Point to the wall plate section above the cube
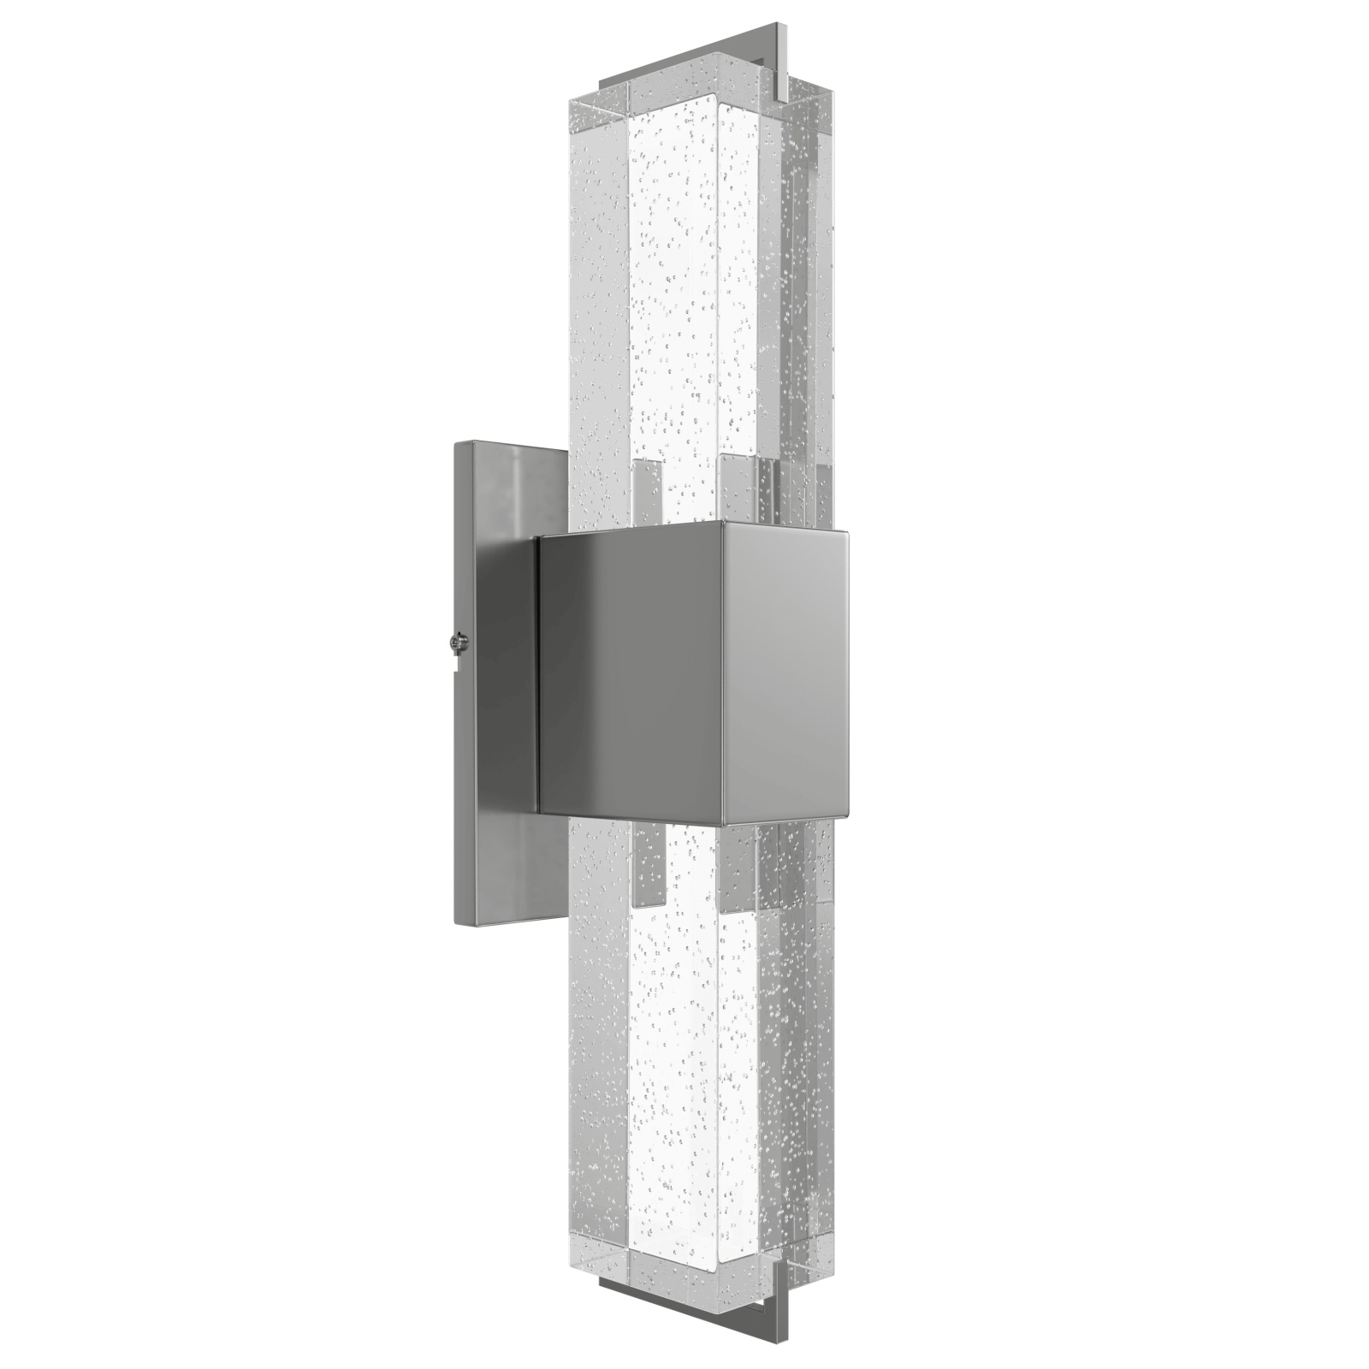point(505,488)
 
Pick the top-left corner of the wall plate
point(457,442)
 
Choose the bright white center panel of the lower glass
point(676,1070)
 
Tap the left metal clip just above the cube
point(649,492)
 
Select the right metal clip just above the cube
point(738,488)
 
